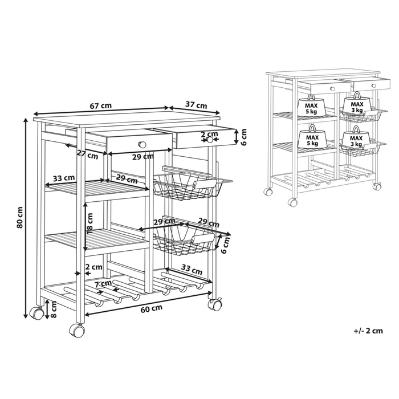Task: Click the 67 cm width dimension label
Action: click(101, 105)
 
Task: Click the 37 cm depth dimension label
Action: click(196, 104)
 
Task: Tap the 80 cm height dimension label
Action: click(20, 217)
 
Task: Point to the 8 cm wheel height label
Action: click(54, 310)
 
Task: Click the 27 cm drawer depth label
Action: click(87, 154)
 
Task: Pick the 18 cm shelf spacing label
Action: click(90, 223)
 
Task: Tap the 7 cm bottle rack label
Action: click(103, 284)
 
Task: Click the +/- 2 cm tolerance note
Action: click(368, 331)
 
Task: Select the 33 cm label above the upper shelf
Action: click(64, 178)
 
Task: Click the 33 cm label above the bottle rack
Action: click(192, 270)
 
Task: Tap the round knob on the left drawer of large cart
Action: click(142, 145)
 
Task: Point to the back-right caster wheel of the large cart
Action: click(215, 304)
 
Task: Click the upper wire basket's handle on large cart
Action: click(205, 183)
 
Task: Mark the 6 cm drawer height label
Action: click(244, 137)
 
